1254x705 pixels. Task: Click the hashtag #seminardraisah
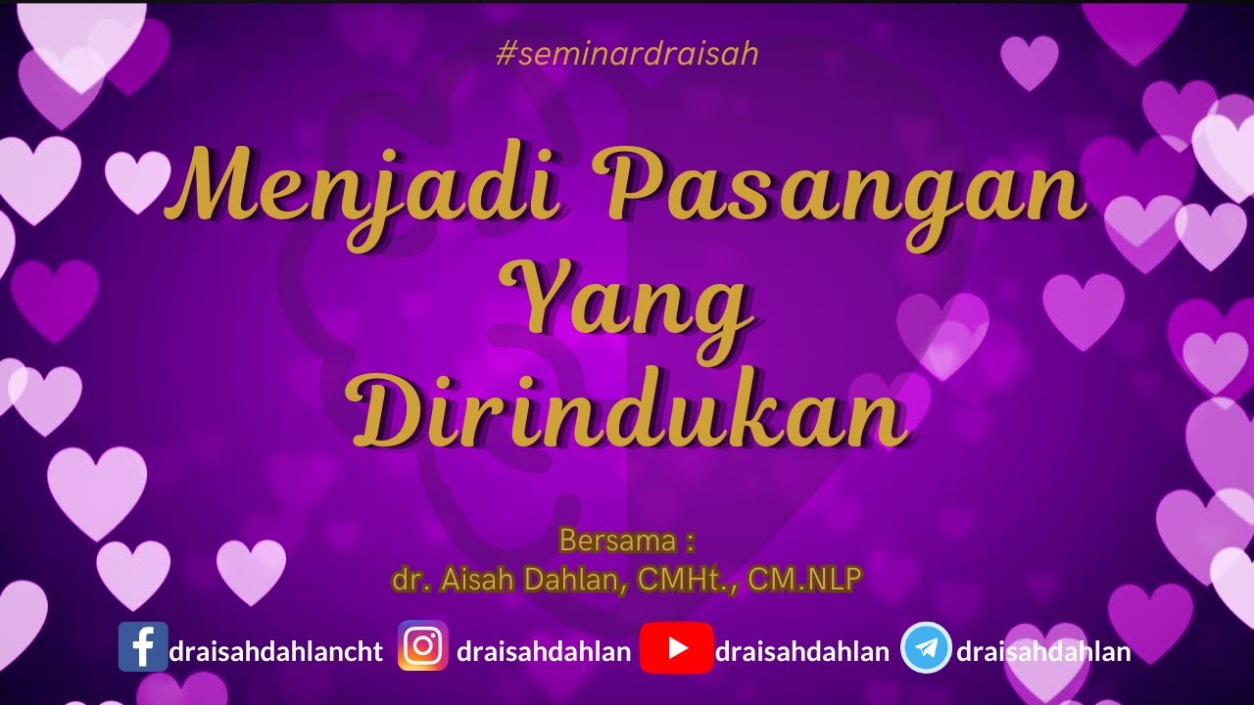[627, 54]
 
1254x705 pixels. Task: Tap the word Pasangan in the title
[845, 191]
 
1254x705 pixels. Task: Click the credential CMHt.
[686, 580]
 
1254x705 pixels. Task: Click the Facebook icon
[143, 646]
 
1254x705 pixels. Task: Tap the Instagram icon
[423, 646]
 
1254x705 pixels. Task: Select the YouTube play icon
[676, 647]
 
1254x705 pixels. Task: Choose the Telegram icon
[926, 647]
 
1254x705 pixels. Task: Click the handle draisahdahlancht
[276, 652]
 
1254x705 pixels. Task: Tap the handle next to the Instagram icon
[544, 652]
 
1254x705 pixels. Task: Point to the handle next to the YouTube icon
[802, 652]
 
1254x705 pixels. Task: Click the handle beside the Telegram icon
[1043, 652]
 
